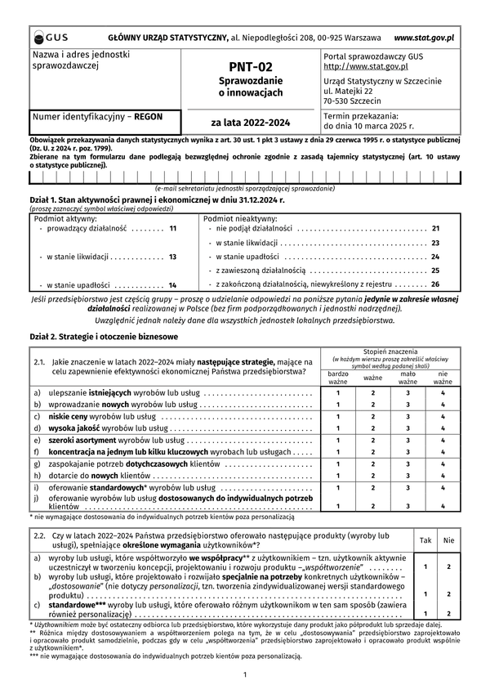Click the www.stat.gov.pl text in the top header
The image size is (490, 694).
[x=424, y=38]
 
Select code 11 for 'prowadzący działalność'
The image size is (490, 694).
[x=172, y=229]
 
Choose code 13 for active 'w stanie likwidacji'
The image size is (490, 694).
[x=172, y=257]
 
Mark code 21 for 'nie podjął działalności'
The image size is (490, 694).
[x=435, y=229]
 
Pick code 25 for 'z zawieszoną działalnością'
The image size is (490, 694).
[x=435, y=270]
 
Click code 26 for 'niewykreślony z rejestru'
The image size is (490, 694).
[x=435, y=284]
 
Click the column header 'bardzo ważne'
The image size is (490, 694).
[x=338, y=378]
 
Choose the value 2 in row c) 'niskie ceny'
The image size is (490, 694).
[x=372, y=415]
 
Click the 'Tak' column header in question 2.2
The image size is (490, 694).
[x=425, y=540]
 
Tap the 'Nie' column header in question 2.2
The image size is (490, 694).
[x=448, y=540]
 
